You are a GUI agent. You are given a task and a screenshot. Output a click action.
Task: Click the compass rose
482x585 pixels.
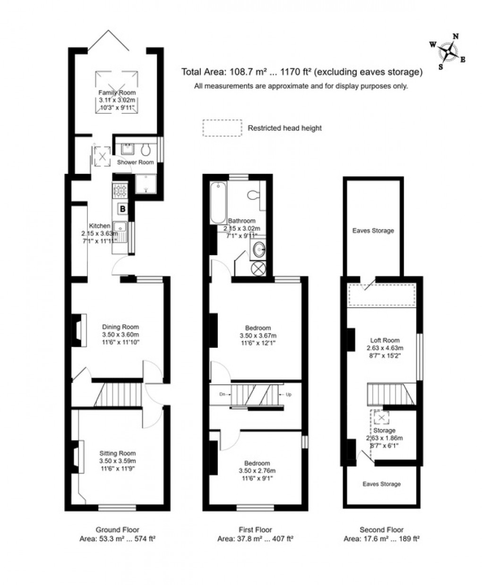(447, 51)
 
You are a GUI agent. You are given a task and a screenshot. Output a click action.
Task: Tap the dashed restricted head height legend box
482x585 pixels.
(221, 128)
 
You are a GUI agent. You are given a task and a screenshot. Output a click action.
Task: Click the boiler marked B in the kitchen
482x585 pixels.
(122, 208)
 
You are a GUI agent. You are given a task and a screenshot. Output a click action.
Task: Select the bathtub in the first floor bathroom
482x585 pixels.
(218, 202)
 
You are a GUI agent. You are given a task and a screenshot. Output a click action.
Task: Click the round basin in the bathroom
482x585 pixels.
(259, 248)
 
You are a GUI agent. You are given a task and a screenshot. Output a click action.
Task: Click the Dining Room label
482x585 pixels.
(121, 327)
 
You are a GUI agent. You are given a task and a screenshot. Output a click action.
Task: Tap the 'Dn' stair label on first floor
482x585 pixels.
(222, 394)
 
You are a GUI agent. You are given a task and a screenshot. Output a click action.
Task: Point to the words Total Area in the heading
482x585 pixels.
(204, 72)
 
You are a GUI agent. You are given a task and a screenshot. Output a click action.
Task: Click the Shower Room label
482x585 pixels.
(136, 163)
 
